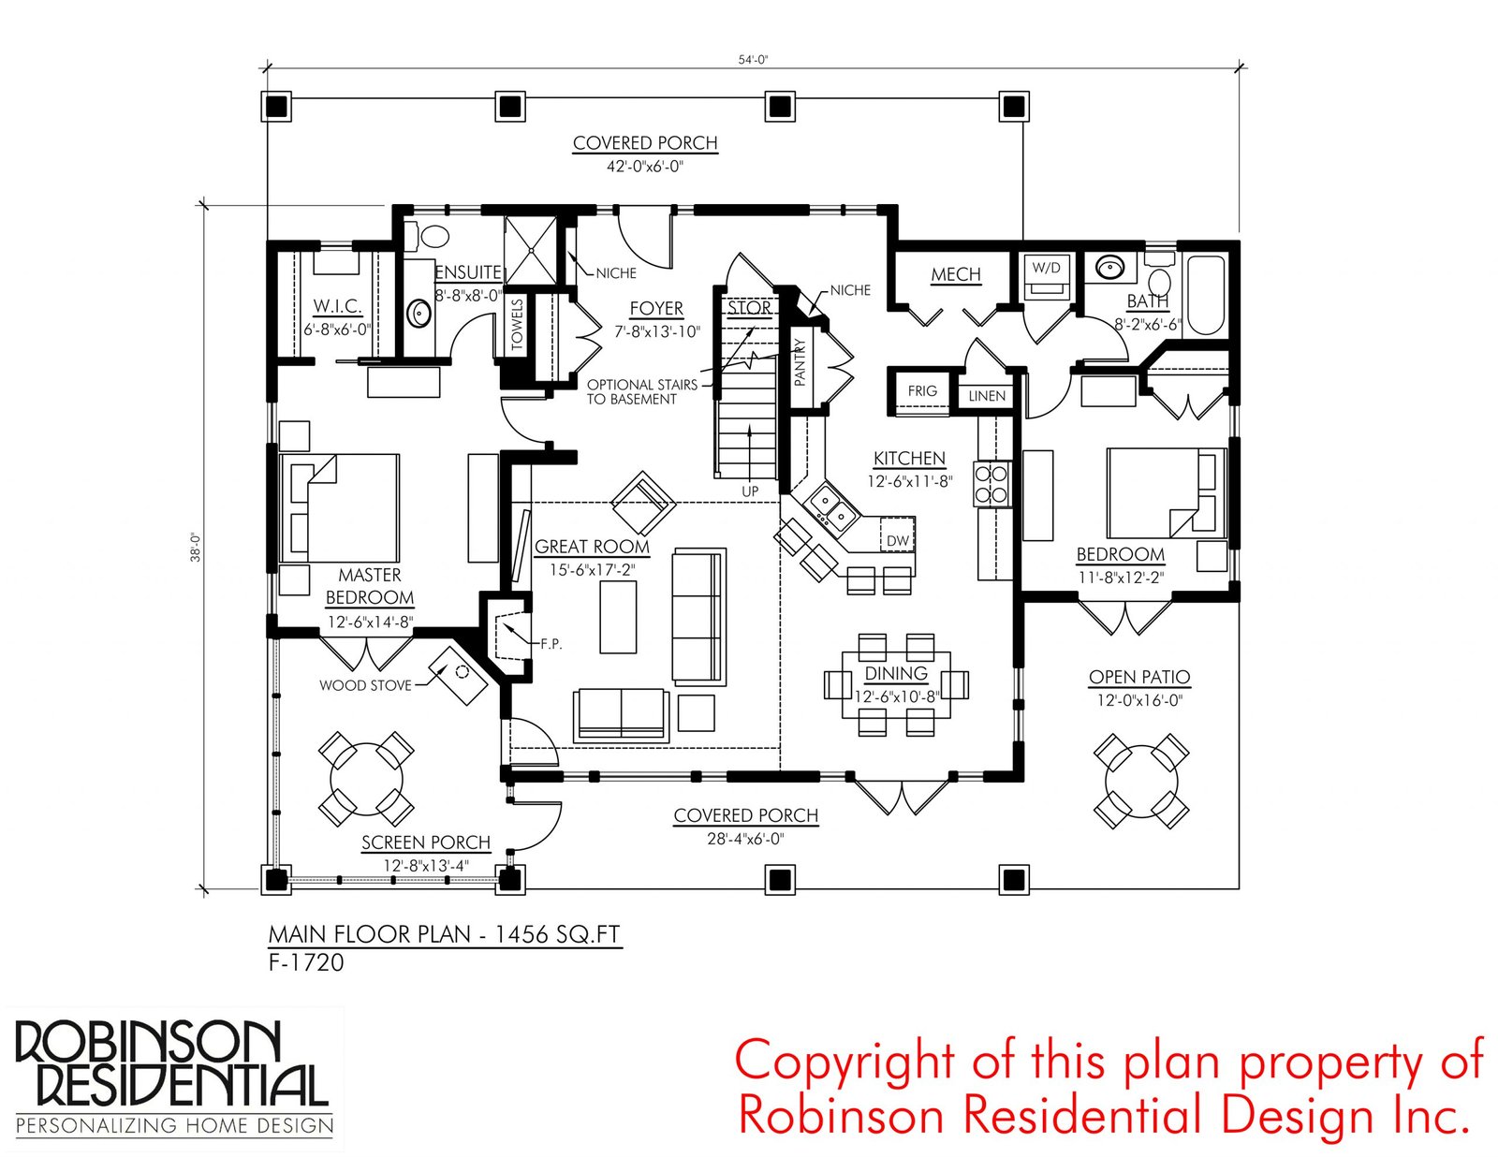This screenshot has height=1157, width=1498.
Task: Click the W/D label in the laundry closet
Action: (x=1046, y=268)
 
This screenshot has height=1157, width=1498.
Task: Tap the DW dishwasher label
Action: (x=897, y=541)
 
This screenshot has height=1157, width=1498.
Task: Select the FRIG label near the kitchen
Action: (x=921, y=390)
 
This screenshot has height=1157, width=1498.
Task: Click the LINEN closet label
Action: (x=987, y=396)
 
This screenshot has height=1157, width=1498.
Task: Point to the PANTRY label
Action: (x=800, y=362)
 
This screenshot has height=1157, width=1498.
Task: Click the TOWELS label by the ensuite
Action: (x=517, y=325)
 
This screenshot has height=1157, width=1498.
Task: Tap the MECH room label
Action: (x=956, y=274)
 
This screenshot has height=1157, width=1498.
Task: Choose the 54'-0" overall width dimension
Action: (x=753, y=59)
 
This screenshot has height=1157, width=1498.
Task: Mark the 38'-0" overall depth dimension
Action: (x=196, y=548)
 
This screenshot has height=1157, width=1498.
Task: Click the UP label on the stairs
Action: (x=750, y=491)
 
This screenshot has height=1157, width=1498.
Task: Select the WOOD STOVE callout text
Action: (x=365, y=685)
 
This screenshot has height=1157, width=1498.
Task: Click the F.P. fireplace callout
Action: (x=551, y=644)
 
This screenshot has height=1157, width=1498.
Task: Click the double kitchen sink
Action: (x=832, y=509)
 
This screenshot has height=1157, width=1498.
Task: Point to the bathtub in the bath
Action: (x=1206, y=297)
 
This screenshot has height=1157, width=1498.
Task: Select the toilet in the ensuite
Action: (x=429, y=236)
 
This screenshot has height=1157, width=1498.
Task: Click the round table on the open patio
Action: (x=1141, y=781)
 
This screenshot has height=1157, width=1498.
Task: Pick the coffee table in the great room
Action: (x=618, y=617)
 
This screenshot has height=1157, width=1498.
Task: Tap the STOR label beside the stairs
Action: (x=749, y=308)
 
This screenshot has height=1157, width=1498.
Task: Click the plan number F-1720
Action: (x=305, y=962)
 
